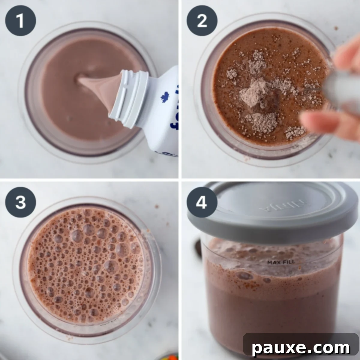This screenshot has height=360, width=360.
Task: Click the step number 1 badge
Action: tap(20, 21)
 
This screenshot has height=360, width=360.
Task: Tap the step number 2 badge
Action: tap(202, 21)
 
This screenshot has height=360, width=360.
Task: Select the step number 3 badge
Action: tap(20, 202)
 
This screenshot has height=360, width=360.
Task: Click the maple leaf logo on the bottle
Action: tap(165, 98)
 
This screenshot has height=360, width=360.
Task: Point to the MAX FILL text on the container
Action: tap(281, 262)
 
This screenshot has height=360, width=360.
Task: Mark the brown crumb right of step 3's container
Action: tap(156, 206)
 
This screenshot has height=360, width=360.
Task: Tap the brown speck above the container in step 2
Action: tap(336, 28)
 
